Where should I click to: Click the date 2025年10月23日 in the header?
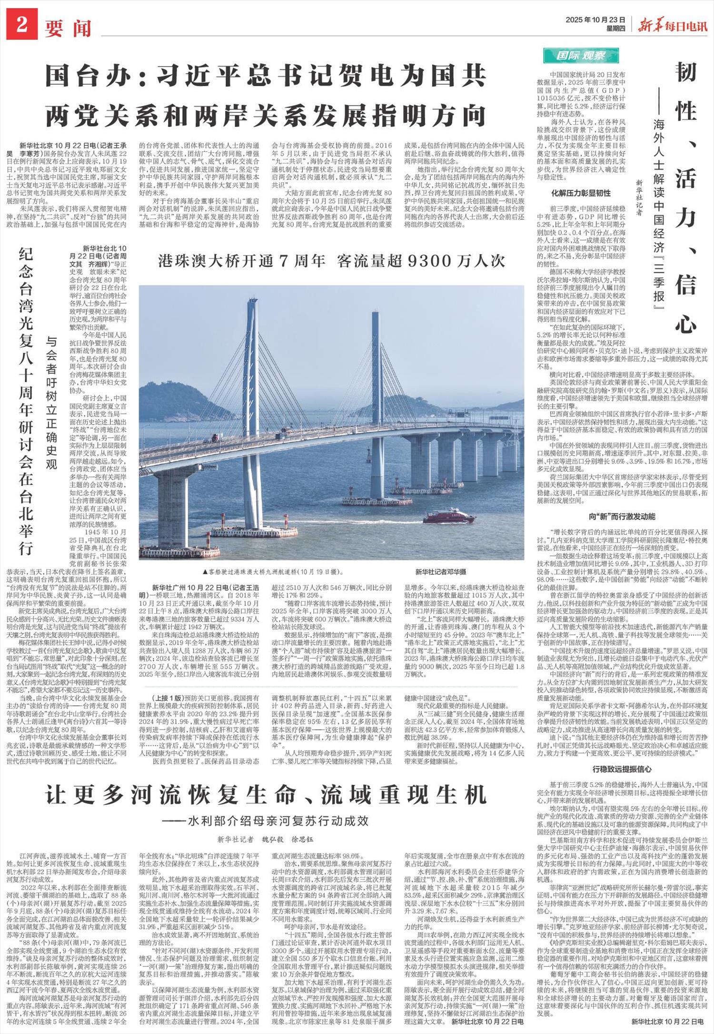click(x=595, y=20)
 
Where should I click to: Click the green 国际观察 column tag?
click(x=581, y=56)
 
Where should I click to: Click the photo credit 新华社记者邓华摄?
click(x=440, y=571)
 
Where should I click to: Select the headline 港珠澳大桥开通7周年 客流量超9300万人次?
click(x=331, y=261)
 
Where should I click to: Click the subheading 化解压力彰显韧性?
click(x=581, y=193)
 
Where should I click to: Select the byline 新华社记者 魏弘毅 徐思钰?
click(x=266, y=839)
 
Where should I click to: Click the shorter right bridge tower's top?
click(x=376, y=315)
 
